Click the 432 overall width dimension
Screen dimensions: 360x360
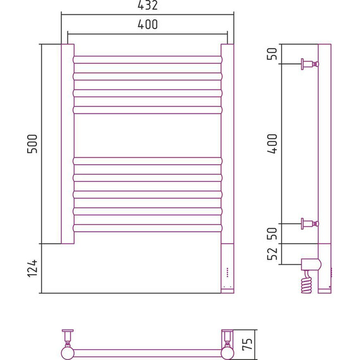(x=148, y=5)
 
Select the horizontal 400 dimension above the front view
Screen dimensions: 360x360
(x=148, y=25)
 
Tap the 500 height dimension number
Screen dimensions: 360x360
(x=32, y=144)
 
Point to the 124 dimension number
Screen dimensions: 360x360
(x=32, y=268)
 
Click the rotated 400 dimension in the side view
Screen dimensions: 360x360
(x=272, y=144)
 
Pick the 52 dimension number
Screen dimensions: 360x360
(x=272, y=254)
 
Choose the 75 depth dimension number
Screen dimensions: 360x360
(x=248, y=344)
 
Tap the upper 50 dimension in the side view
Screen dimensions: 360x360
(x=272, y=54)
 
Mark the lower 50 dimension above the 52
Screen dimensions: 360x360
(x=272, y=234)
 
